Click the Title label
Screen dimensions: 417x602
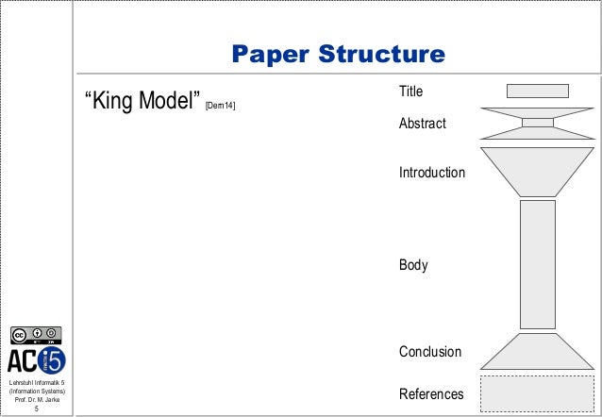point(411,92)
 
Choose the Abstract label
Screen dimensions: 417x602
point(422,125)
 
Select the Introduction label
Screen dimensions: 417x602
point(432,174)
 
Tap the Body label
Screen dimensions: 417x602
point(413,265)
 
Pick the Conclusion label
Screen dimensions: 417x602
point(430,352)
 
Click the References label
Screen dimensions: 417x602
point(431,394)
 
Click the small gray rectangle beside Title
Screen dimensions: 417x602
point(537,91)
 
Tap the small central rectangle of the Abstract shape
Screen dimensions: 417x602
point(537,122)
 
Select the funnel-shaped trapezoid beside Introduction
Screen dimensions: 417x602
point(537,171)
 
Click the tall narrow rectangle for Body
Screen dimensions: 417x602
point(537,264)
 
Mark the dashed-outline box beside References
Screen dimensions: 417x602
point(537,392)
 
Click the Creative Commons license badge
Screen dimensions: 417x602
point(37,335)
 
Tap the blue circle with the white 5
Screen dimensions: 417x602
point(53,359)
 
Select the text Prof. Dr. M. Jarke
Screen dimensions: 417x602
point(37,401)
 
